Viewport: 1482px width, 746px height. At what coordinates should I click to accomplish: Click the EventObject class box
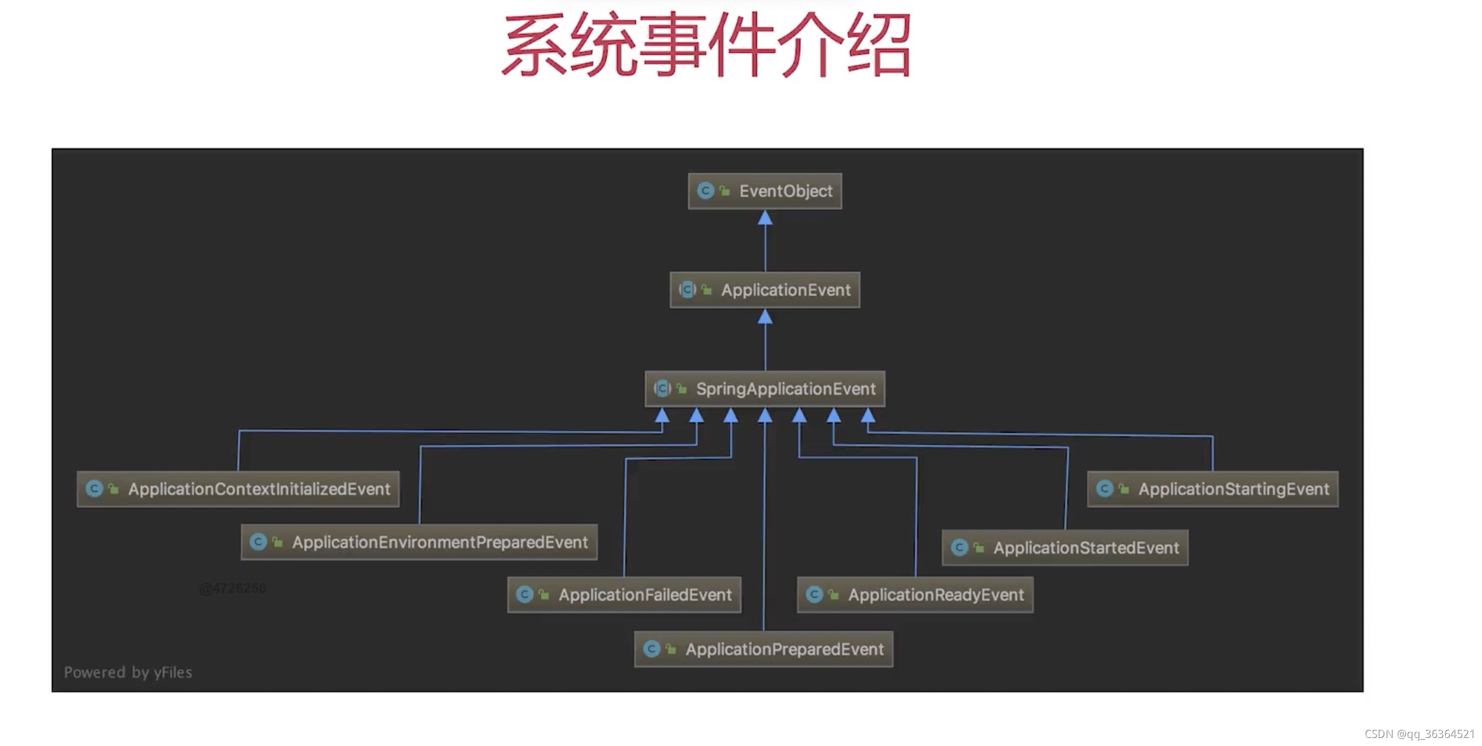[x=765, y=191]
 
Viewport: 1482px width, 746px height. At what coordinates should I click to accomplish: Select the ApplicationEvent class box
[x=765, y=290]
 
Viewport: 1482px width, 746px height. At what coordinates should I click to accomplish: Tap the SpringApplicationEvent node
[x=765, y=389]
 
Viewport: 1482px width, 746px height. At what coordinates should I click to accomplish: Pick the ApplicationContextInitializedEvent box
[x=238, y=489]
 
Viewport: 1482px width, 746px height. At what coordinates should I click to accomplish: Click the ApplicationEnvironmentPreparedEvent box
[x=419, y=542]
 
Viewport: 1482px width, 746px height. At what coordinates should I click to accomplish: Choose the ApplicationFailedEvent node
[x=624, y=595]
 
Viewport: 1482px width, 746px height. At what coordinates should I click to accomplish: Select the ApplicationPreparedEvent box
[x=763, y=649]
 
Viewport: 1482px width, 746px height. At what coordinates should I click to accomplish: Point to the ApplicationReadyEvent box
[x=915, y=595]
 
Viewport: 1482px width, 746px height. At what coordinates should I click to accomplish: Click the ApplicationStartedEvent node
[x=1065, y=547]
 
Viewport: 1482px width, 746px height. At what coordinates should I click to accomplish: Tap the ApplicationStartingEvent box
[x=1213, y=489]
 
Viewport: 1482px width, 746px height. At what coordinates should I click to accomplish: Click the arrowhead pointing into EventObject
[x=765, y=218]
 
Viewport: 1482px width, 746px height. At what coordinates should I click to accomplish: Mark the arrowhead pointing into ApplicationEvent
[x=765, y=317]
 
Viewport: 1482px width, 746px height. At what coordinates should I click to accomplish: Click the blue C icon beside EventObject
[x=705, y=191]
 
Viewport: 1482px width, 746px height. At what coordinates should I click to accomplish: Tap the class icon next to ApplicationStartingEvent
[x=1104, y=489]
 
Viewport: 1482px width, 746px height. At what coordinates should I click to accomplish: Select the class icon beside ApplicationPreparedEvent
[x=651, y=649]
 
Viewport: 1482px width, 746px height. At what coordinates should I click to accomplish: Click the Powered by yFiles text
[x=128, y=672]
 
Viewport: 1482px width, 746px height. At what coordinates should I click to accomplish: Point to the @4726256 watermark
[x=232, y=588]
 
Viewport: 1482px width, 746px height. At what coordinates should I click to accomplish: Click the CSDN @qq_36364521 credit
[x=1419, y=734]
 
